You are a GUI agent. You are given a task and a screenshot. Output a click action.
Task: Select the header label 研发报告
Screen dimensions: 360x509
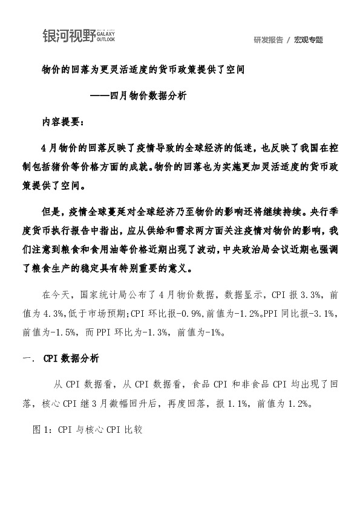(268, 40)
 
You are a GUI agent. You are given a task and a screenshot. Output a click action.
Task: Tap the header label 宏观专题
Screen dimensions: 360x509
(309, 40)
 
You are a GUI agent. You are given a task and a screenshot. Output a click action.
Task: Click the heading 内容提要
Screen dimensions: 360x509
(64, 120)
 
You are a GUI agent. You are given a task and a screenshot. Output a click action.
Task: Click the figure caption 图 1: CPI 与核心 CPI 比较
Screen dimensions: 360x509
(88, 430)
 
